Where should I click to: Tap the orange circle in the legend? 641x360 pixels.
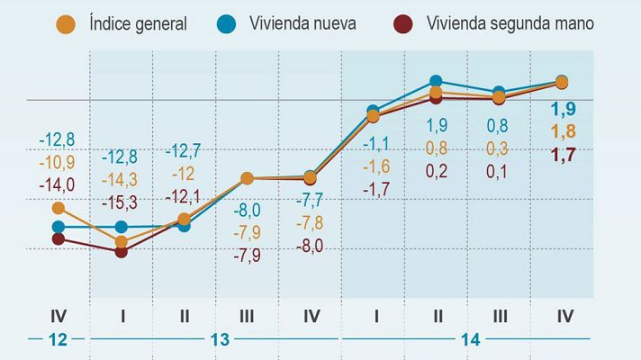point(64,23)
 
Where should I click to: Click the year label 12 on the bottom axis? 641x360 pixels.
point(59,339)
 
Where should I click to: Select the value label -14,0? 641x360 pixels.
point(57,184)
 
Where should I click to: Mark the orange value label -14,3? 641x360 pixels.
point(121,179)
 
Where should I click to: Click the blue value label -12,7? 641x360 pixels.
point(184,150)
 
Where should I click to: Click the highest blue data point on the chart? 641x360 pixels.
point(437,82)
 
